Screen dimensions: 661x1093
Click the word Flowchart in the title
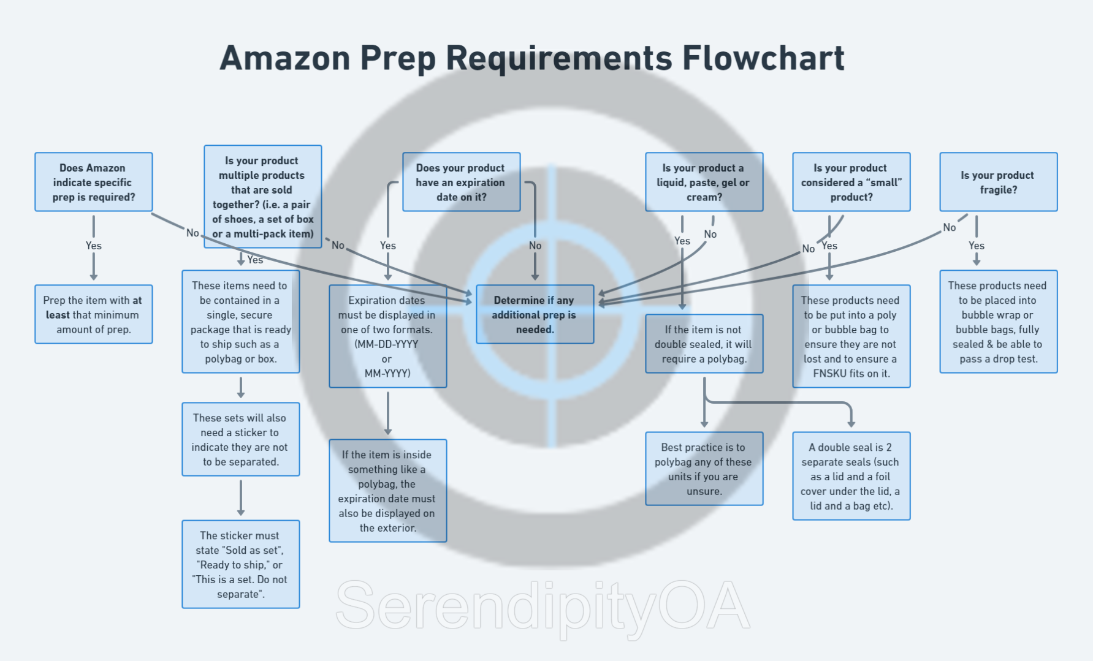pos(763,59)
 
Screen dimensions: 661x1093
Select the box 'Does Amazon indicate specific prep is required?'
pos(93,182)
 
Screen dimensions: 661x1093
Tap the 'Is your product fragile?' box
pos(998,182)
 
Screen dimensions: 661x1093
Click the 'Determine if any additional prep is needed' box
pos(535,314)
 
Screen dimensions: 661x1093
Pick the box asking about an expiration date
pos(461,182)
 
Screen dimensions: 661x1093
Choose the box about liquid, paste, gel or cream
pos(704,182)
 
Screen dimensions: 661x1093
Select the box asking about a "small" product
pos(851,182)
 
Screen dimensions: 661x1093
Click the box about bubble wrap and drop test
pos(998,322)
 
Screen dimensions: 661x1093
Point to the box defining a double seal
pos(851,476)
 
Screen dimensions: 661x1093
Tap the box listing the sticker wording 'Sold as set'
pos(240,564)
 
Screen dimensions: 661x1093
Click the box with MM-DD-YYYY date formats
pos(387,336)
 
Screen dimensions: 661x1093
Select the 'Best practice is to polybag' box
pos(704,469)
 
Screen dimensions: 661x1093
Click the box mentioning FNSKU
pos(851,336)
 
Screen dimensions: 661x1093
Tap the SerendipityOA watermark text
pos(543,606)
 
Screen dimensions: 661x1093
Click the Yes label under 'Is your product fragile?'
pos(976,246)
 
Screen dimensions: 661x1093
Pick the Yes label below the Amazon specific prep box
pos(93,246)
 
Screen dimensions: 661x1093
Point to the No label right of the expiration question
pos(535,246)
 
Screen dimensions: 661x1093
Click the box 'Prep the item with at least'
pos(93,314)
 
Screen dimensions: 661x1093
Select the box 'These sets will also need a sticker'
pos(240,439)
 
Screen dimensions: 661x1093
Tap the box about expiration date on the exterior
pos(387,491)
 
